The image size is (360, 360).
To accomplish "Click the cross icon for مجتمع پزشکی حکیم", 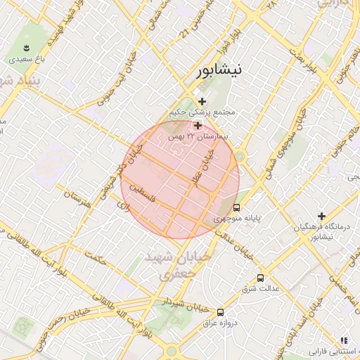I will pyautogui.click(x=202, y=101).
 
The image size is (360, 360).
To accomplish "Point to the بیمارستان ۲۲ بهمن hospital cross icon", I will pyautogui.click(x=198, y=124).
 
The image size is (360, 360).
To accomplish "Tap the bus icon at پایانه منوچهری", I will pyautogui.click(x=236, y=207).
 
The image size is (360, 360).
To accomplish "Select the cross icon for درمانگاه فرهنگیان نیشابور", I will pyautogui.click(x=322, y=215).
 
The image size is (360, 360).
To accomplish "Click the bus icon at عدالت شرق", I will pyautogui.click(x=261, y=278).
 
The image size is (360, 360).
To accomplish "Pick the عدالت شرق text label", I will pyautogui.click(x=261, y=289).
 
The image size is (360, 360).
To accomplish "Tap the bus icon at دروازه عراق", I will pyautogui.click(x=221, y=311).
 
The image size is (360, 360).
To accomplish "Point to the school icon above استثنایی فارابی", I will pyautogui.click(x=343, y=340).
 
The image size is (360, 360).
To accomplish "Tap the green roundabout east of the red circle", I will pyautogui.click(x=240, y=156).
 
